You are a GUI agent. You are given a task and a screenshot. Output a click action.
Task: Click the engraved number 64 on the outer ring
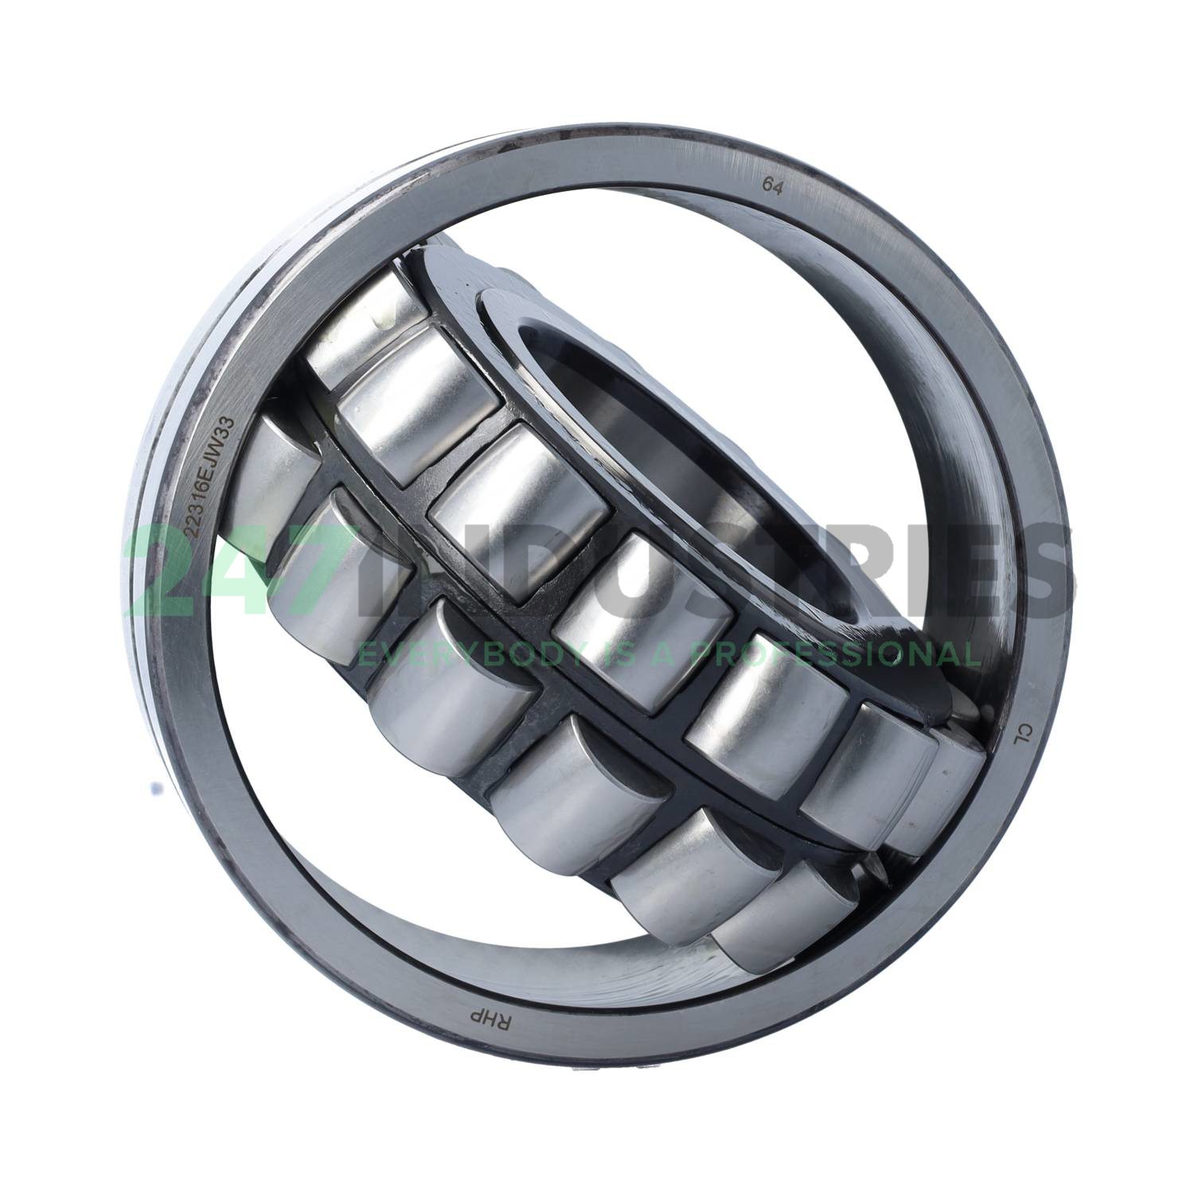click(771, 186)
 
